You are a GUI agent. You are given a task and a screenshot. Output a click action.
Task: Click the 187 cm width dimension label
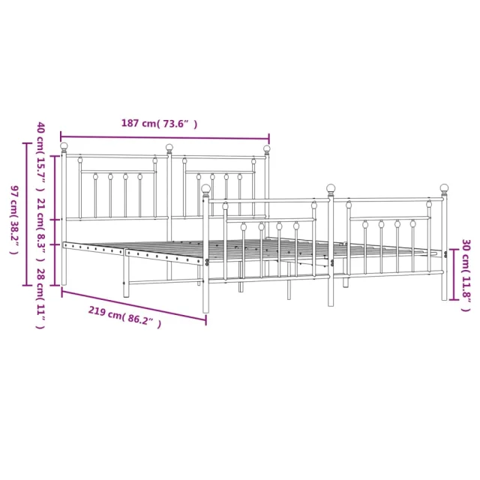click(160, 124)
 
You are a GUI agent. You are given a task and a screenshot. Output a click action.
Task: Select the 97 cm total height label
click(14, 220)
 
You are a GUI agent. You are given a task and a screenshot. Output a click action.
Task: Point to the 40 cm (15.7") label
click(41, 157)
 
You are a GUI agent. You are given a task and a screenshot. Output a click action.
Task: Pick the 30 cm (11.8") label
click(466, 275)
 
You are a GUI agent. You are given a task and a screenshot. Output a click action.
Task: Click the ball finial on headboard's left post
click(64, 146)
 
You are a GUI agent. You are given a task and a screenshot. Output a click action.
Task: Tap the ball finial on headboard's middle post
click(169, 148)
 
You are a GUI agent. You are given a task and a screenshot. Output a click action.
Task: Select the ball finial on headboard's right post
click(267, 148)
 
